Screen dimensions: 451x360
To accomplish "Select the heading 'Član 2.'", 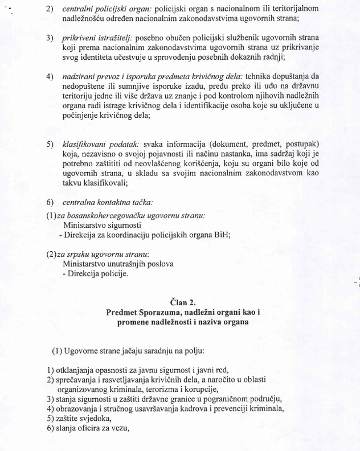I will click(186, 302).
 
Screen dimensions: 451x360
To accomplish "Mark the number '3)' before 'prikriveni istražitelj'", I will click(50, 38).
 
